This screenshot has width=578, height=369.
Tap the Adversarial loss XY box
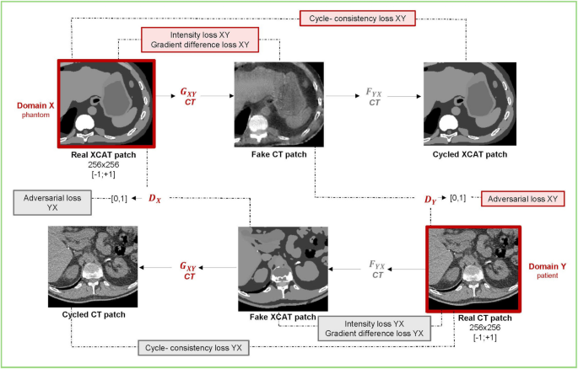521,200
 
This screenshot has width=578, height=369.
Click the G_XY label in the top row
190,94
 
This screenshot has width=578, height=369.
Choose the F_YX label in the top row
373,94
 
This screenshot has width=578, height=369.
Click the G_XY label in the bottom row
187,270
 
